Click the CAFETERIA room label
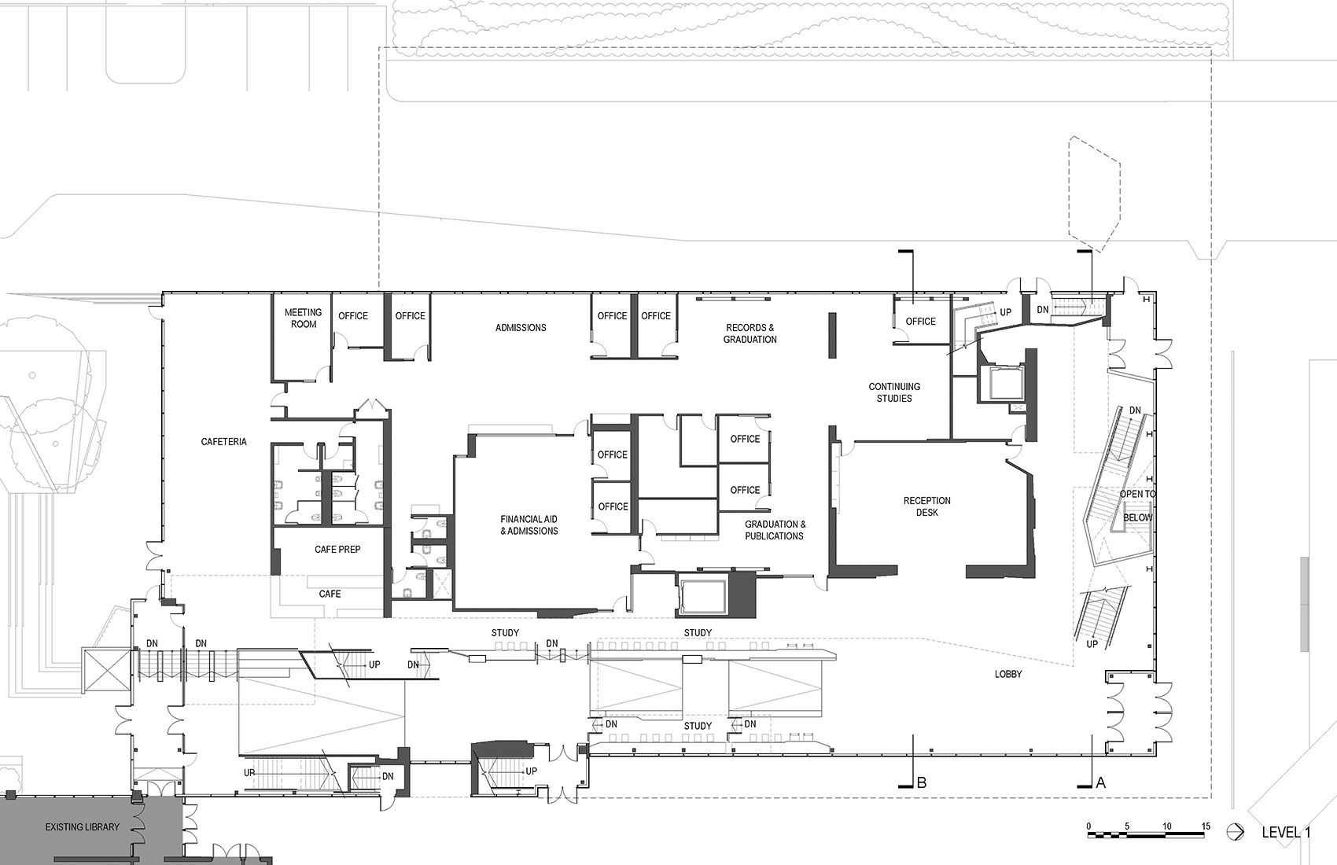[x=223, y=442]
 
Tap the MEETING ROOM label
[x=303, y=318]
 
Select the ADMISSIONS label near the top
[x=521, y=328]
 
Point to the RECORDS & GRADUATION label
[x=750, y=333]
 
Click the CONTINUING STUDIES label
[x=894, y=392]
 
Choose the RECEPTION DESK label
[x=926, y=506]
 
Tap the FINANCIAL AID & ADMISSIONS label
[x=529, y=525]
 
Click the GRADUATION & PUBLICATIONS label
[x=774, y=530]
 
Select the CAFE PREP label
[x=337, y=550]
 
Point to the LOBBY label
[x=1008, y=674]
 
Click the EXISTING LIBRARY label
[x=82, y=827]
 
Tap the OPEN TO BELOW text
[x=1137, y=506]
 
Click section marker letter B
[x=922, y=782]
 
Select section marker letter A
[x=1100, y=782]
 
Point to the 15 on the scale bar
[x=1205, y=826]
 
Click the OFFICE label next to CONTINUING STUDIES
[x=920, y=322]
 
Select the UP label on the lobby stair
[x=1092, y=644]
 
